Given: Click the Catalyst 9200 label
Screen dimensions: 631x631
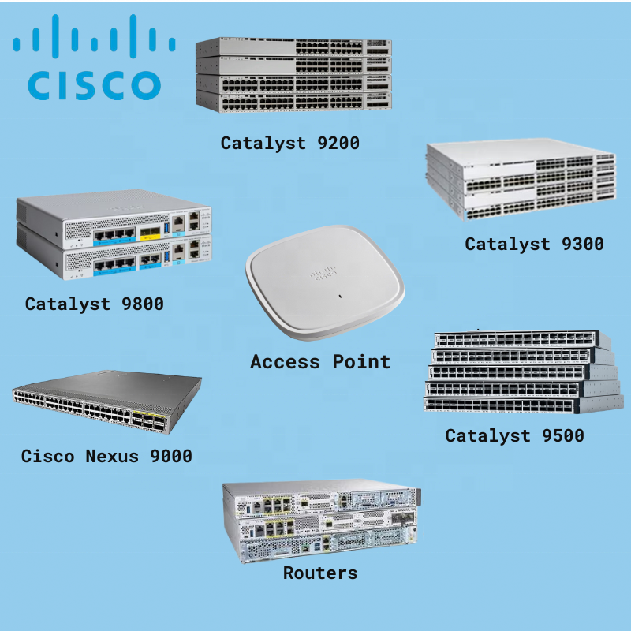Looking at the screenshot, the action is pos(289,143).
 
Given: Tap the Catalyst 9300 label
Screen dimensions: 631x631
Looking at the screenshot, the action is pos(534,244).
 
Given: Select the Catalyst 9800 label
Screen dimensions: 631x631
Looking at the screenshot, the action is pos(94,304).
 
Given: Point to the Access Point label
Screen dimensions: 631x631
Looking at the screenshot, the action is pos(320,362).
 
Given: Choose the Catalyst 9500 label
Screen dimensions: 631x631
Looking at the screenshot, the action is pos(514,435).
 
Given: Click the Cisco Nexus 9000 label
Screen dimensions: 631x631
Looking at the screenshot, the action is pos(106,456).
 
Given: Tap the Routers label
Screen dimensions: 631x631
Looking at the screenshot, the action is pos(320,573).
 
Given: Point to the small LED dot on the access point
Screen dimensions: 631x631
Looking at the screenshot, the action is pos(339,297).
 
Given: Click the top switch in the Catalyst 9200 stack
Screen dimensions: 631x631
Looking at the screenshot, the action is pos(293,47).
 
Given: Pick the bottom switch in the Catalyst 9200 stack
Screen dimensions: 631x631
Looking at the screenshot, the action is pos(293,102).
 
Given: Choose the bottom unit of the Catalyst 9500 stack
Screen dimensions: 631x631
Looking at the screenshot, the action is pos(517,404).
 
